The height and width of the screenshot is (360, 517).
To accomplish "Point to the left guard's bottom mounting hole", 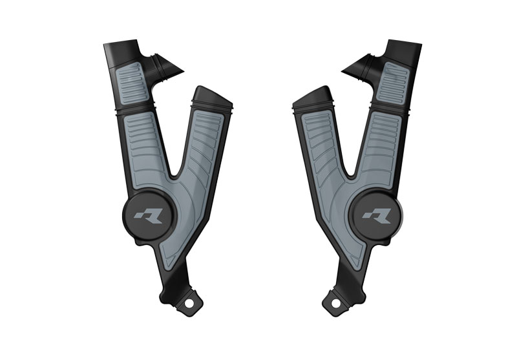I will click(x=191, y=301).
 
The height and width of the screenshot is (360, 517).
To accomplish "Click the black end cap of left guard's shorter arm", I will click(x=210, y=96).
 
